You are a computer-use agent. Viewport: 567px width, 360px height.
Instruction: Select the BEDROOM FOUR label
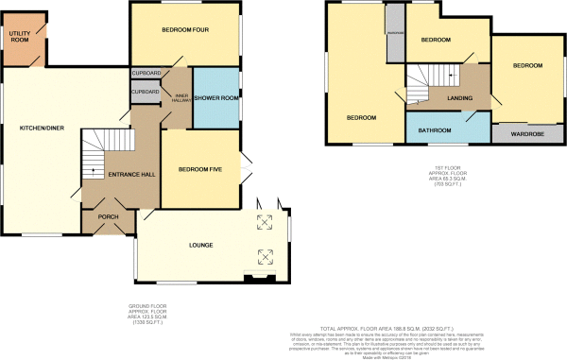coord(184,30)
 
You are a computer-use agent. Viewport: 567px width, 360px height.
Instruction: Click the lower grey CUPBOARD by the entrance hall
coord(146,93)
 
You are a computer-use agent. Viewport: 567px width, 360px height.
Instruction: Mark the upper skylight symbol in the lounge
coord(265,223)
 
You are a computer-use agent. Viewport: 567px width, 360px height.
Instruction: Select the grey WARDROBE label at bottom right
coord(525,133)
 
